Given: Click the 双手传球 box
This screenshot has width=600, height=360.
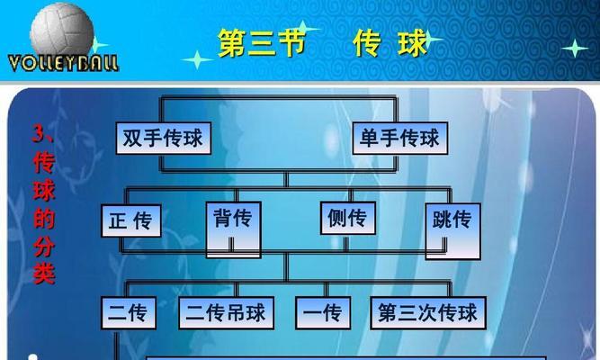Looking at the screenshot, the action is [164, 139].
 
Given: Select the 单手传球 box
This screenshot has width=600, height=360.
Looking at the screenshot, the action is [400, 139].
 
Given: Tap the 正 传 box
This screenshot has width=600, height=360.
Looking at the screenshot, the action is [130, 221].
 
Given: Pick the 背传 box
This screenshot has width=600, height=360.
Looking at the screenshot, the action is [233, 229].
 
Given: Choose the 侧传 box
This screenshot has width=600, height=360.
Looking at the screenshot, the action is [348, 218].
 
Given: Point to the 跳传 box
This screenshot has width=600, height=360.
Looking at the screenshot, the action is [452, 231].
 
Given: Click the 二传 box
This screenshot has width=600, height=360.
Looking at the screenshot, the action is [129, 313].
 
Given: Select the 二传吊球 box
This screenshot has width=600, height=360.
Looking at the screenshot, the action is [226, 313].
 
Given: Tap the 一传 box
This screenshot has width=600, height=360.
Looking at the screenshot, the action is [323, 313].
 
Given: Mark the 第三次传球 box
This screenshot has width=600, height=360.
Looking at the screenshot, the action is [428, 313].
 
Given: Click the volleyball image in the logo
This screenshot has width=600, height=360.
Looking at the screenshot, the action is [62, 29].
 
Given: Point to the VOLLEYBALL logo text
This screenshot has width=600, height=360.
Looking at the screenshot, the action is [63, 63].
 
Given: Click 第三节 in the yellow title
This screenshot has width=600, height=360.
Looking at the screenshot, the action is [262, 43].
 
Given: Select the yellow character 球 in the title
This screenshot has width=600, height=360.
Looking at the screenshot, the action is [413, 43].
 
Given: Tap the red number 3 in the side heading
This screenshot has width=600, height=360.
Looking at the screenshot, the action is [40, 134].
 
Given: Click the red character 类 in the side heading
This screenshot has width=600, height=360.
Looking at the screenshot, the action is [44, 273].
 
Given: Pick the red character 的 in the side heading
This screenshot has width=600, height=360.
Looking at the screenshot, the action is [44, 219].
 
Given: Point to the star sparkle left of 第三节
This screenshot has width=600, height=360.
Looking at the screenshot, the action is [197, 59].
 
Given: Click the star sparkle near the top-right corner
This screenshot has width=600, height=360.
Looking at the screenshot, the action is [575, 49].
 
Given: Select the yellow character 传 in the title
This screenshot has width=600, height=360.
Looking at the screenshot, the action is [367, 43].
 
